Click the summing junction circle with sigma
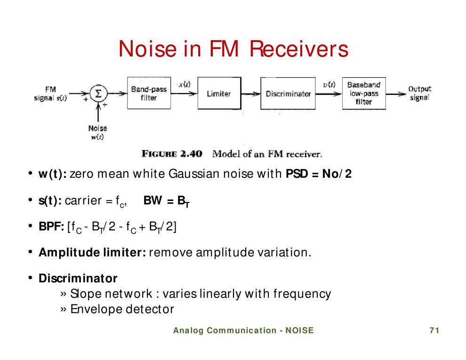98,94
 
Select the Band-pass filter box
149,94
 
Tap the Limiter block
219,94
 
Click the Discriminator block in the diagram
288,94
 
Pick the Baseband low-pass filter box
364,93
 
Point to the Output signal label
419,93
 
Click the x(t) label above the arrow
184,84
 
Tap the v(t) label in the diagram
329,84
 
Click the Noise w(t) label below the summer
97,132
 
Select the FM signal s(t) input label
50,94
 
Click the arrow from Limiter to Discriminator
251,94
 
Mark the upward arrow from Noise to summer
98,113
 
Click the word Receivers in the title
298,49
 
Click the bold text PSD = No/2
319,174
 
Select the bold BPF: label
51,227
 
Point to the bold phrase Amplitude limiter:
92,252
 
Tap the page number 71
434,330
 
